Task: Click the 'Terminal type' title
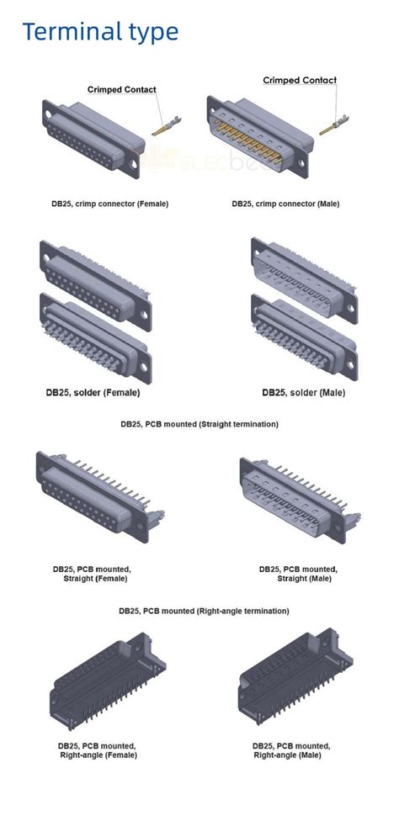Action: (x=100, y=32)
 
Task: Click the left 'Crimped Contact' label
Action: (x=122, y=89)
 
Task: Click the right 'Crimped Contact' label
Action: (x=300, y=81)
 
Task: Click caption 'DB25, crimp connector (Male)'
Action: (x=286, y=204)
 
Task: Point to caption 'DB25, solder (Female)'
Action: (x=93, y=392)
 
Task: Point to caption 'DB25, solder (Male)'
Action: (x=304, y=392)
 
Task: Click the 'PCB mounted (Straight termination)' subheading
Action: (x=199, y=424)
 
